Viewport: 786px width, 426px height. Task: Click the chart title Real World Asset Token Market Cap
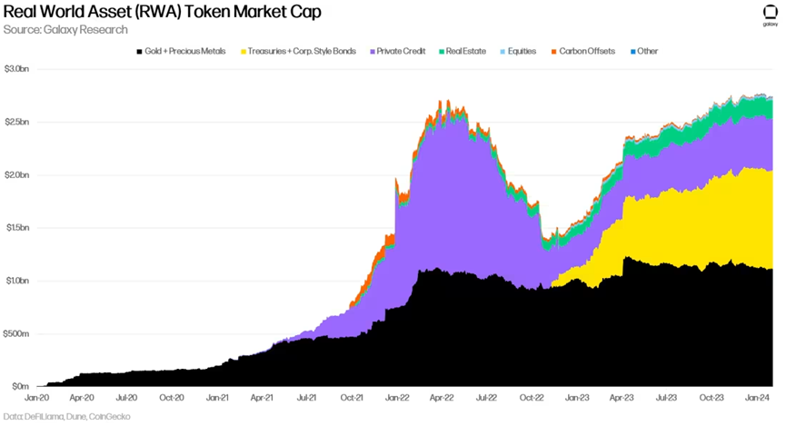[162, 13]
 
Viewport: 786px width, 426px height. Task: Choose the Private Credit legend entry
[399, 51]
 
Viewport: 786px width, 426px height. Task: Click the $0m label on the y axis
[17, 386]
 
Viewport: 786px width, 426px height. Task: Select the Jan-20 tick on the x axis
[37, 398]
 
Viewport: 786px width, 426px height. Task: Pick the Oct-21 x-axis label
[352, 398]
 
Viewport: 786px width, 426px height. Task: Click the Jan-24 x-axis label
[758, 398]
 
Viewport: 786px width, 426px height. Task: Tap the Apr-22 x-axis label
[442, 398]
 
